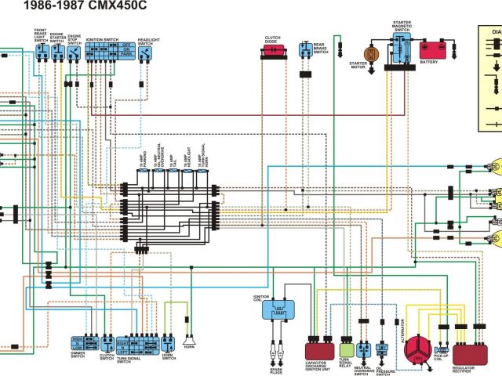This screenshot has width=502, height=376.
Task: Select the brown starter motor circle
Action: click(x=373, y=53)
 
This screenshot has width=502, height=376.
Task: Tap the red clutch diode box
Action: click(x=272, y=50)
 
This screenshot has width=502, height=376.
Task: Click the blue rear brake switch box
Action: click(x=304, y=49)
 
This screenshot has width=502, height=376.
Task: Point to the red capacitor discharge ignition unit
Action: click(x=318, y=349)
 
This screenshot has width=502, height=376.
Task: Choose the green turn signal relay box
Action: click(x=346, y=349)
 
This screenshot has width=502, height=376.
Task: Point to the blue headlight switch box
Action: click(x=147, y=52)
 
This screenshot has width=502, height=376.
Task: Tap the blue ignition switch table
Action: click(x=108, y=52)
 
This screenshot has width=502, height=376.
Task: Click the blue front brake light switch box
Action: click(x=42, y=52)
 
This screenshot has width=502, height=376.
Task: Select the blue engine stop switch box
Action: click(x=74, y=52)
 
